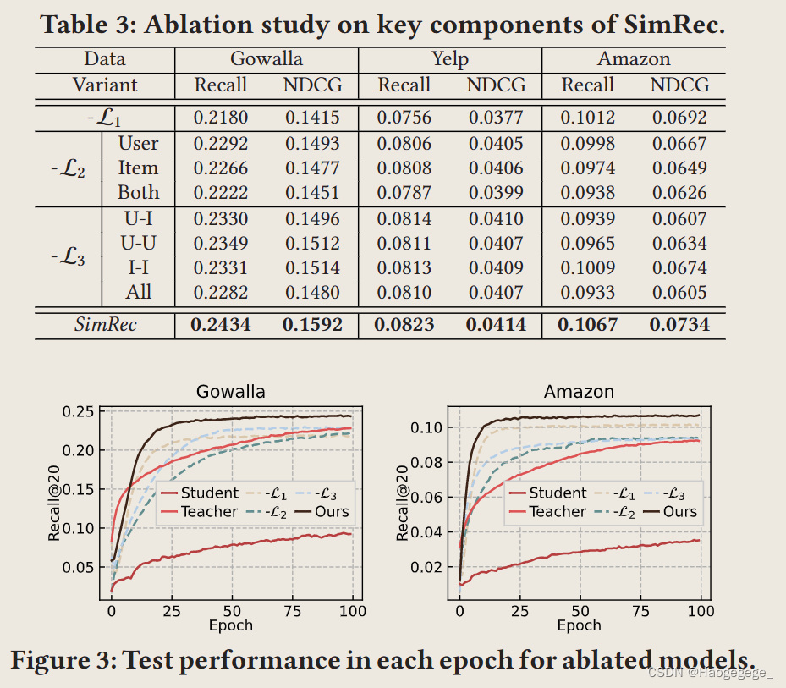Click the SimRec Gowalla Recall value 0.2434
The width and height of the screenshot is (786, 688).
tap(221, 325)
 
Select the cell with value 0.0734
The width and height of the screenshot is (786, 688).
tap(679, 325)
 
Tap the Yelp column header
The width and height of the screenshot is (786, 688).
tap(449, 59)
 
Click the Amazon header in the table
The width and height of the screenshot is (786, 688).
tap(634, 59)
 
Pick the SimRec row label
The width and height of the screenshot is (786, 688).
tap(105, 325)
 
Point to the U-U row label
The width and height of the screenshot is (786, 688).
tap(139, 244)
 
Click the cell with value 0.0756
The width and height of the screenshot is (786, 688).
tap(404, 117)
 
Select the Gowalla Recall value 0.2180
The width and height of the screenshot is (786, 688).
tap(221, 117)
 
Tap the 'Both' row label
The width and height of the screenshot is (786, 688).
tap(139, 192)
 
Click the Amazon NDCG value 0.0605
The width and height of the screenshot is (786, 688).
tap(679, 293)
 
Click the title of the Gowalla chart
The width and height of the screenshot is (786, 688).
tap(230, 392)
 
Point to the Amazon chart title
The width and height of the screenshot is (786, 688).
tap(579, 392)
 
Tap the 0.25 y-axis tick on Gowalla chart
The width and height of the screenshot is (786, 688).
tap(82, 412)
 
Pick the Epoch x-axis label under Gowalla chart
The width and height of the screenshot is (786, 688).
tap(230, 625)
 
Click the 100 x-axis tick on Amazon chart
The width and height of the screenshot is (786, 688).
tap(701, 611)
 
